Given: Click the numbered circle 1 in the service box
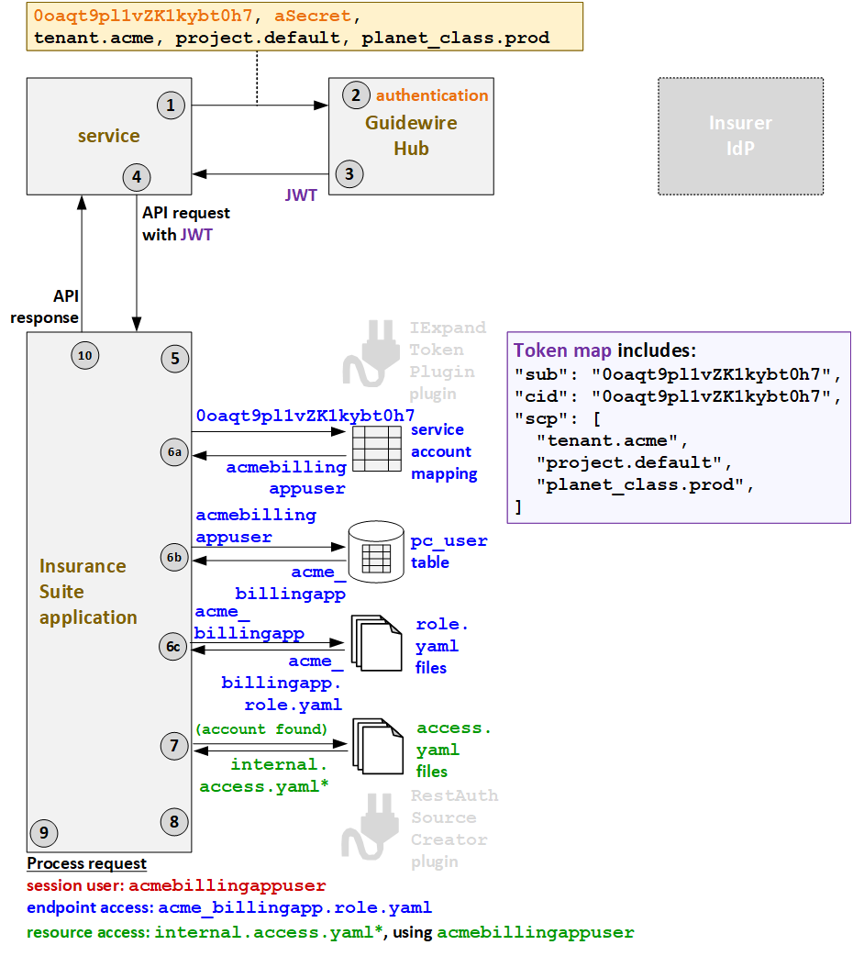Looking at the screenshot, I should (x=171, y=106).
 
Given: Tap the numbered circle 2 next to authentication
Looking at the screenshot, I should (x=356, y=95).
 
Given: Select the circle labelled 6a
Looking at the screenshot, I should (x=174, y=452).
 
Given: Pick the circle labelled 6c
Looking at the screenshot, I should (x=174, y=647).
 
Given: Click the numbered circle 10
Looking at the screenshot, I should (x=84, y=356).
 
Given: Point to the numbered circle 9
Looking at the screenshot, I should (x=43, y=833).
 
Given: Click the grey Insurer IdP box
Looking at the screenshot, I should (x=740, y=136).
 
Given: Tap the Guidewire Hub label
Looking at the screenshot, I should (x=411, y=135).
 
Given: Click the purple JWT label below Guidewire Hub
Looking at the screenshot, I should (x=301, y=195).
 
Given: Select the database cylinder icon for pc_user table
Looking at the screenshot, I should (x=376, y=552).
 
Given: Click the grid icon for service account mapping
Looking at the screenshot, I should (x=376, y=450).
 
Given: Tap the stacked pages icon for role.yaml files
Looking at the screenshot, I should (x=376, y=645).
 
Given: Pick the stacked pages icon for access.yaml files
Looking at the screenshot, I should (x=376, y=748).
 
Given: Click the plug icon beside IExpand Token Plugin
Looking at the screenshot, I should (x=367, y=353).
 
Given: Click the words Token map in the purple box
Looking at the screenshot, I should (x=562, y=350).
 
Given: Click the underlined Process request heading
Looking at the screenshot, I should (x=86, y=863).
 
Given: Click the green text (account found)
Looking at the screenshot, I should (x=260, y=728).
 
